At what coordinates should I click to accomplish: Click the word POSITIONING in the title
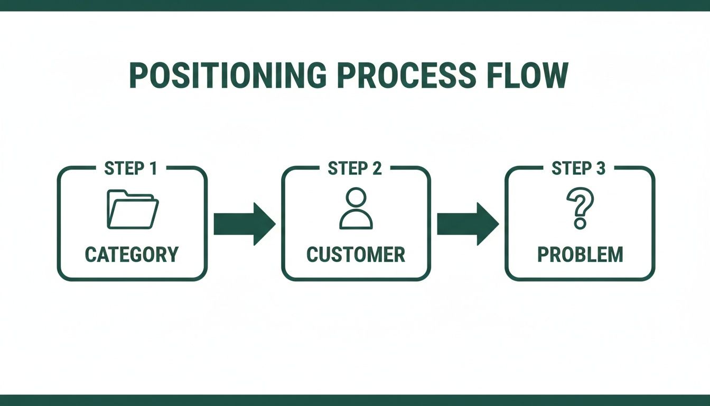[x=228, y=76]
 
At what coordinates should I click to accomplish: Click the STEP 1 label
[x=131, y=169]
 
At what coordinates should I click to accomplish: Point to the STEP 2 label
[x=355, y=169]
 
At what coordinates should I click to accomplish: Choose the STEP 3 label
[x=579, y=169]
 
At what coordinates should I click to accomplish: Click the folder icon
[x=132, y=210]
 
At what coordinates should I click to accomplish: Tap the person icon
[x=356, y=209]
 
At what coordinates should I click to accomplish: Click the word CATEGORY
[x=132, y=255]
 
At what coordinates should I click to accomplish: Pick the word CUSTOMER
[x=356, y=255]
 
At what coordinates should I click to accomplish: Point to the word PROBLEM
[x=580, y=255]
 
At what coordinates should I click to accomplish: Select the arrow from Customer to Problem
[x=468, y=224]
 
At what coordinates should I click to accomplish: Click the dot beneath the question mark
[x=580, y=224]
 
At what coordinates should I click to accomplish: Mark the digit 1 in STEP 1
[x=153, y=169]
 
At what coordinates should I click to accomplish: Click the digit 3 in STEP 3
[x=601, y=169]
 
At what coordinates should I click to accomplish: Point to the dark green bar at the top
[x=355, y=5]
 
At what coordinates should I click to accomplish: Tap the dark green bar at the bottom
[x=355, y=400]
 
